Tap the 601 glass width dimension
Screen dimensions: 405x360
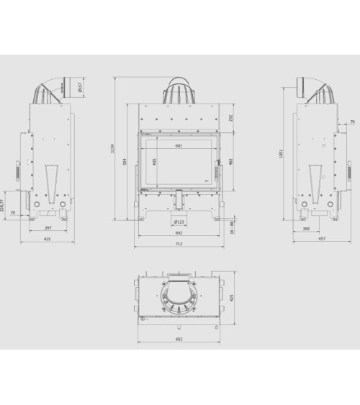[x=178, y=146]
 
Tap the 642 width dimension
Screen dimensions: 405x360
[x=179, y=233]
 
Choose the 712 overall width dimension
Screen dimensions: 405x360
[x=179, y=244]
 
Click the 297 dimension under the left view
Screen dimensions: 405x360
[x=48, y=228]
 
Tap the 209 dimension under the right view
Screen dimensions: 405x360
[x=307, y=228]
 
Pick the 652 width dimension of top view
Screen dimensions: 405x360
[x=179, y=339]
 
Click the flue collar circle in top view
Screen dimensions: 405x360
[x=179, y=296]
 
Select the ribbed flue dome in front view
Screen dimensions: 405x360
[x=179, y=89]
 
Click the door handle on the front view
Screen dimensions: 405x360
[x=217, y=173]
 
